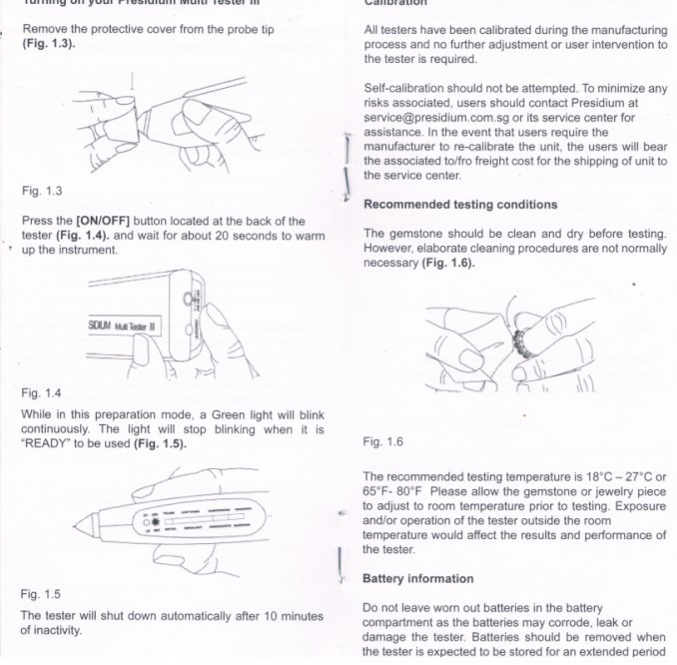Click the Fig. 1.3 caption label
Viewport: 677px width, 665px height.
40,191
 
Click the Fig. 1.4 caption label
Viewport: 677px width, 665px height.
40,393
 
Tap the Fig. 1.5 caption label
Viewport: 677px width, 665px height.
40,594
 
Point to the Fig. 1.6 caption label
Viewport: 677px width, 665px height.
383,441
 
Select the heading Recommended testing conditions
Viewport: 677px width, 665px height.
460,205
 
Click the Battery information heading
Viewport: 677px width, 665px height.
417,579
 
